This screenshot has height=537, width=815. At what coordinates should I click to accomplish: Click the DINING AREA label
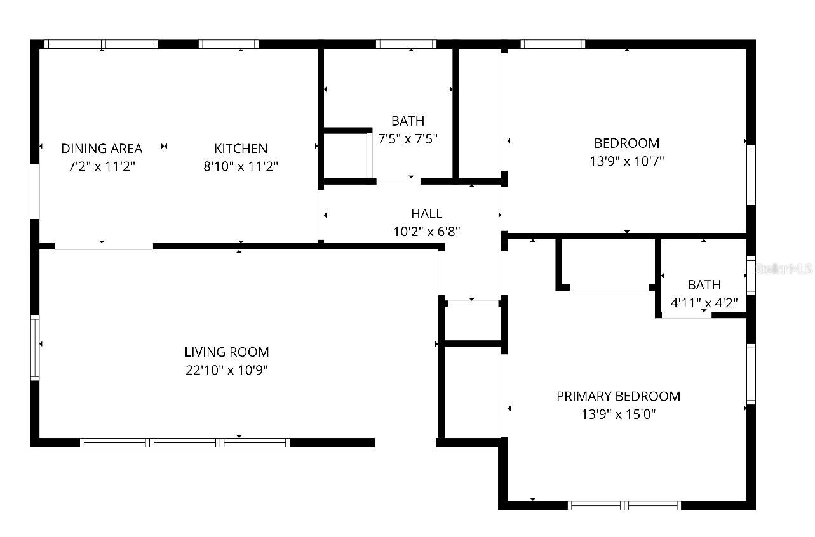(x=102, y=149)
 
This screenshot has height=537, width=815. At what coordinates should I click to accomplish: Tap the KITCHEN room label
(x=241, y=149)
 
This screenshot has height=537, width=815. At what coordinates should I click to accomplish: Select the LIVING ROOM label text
(x=227, y=352)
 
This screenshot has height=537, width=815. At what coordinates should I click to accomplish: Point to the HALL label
(x=427, y=214)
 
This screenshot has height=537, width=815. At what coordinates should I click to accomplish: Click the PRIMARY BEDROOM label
(x=619, y=396)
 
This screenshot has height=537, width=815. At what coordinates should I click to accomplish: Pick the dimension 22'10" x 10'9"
(x=227, y=370)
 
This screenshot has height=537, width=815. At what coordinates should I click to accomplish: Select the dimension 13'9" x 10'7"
(x=627, y=161)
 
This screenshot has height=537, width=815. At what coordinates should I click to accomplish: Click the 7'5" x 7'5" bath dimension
(x=408, y=138)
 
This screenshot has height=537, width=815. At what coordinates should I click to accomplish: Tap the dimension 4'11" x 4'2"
(x=704, y=303)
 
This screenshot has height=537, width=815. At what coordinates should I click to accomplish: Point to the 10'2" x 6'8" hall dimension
(x=427, y=232)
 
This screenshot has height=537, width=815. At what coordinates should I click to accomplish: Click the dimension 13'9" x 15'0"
(x=619, y=414)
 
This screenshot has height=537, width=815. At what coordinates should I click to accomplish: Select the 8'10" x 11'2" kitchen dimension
(x=241, y=166)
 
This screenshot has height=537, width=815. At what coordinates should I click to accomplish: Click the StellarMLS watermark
(x=784, y=269)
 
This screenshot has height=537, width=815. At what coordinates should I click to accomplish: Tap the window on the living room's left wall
(x=35, y=348)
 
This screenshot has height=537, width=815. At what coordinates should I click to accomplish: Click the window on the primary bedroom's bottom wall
(x=624, y=505)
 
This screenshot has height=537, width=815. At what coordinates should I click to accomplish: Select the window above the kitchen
(x=229, y=44)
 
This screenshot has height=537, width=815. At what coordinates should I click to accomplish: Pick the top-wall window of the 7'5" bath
(x=406, y=44)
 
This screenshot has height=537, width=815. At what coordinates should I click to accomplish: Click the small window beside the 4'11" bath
(x=751, y=275)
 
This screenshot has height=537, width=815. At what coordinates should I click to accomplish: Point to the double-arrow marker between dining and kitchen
(x=164, y=146)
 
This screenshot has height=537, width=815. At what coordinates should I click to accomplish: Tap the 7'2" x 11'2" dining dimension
(x=102, y=166)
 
